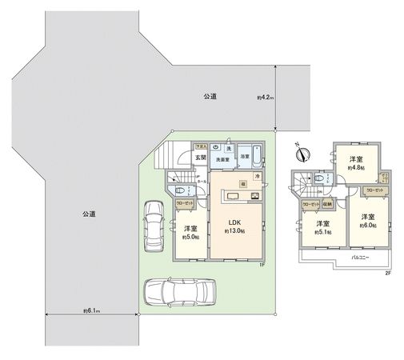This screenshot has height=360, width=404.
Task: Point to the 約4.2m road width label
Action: click(x=266, y=98)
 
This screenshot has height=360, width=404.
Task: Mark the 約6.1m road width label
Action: click(x=90, y=310)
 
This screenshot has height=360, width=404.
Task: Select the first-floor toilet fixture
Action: click(x=182, y=190)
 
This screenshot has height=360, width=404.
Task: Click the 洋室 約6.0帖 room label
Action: click(x=367, y=222)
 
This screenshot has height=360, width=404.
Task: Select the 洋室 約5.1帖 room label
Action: click(x=322, y=228)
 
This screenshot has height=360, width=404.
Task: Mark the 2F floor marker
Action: click(x=387, y=273)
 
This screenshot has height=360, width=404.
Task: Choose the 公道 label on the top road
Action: click(x=210, y=96)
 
